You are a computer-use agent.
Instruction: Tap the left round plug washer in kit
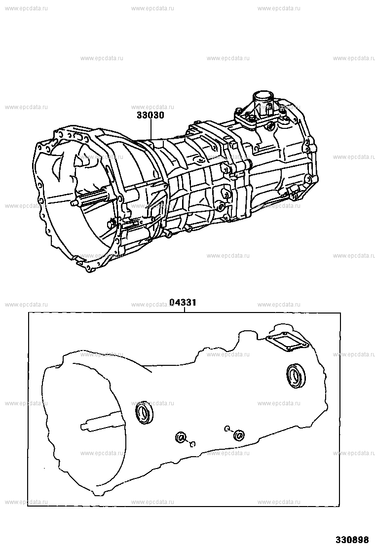(x=181, y=437)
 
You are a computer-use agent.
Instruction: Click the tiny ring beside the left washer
(x=193, y=443)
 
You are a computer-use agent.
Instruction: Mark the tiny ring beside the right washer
(x=226, y=428)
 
